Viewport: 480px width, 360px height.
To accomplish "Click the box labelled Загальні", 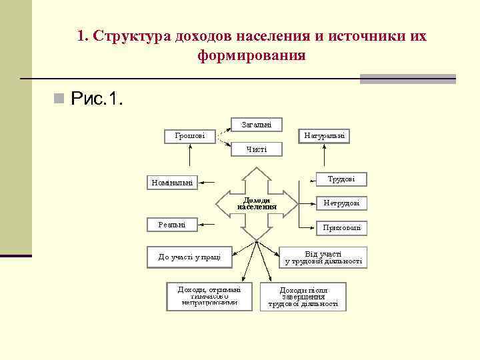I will (x=257, y=124).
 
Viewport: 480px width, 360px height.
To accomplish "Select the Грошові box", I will (x=190, y=136).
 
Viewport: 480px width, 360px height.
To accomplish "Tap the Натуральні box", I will (x=324, y=136).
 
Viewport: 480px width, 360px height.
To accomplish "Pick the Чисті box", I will (x=257, y=149).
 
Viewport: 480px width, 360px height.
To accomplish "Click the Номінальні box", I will (x=173, y=182).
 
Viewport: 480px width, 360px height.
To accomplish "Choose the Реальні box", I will (x=173, y=225).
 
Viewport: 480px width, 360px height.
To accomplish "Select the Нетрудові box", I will (x=341, y=203).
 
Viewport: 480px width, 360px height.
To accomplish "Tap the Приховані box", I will (x=341, y=227).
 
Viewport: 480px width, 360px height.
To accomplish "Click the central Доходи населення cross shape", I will (x=257, y=203).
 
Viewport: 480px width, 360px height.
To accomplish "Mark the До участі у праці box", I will (x=189, y=256).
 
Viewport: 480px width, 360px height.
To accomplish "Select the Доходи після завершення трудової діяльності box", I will (x=303, y=297).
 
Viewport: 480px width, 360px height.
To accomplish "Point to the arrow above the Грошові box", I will (x=191, y=155).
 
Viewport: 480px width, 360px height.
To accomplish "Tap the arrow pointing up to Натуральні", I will (x=324, y=155).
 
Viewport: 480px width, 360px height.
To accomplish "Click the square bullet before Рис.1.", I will (x=59, y=100).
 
